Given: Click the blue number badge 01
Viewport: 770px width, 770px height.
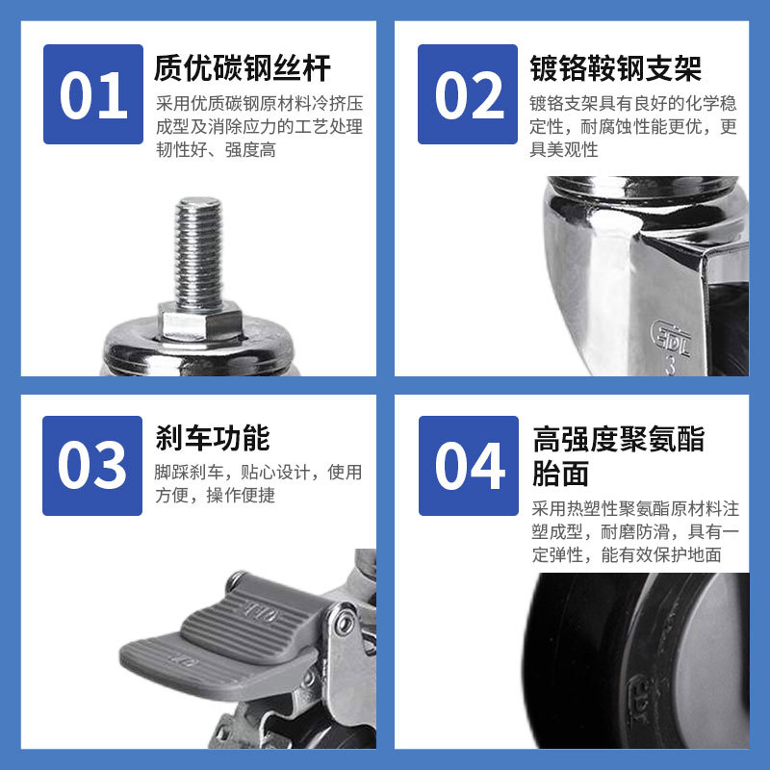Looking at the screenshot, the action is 93,94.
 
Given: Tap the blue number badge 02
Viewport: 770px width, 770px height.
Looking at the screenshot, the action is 468,94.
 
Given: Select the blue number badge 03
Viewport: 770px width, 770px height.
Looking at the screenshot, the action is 92,466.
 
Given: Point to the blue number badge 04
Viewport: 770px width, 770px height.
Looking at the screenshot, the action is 469,466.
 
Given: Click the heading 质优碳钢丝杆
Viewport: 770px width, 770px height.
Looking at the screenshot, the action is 243,67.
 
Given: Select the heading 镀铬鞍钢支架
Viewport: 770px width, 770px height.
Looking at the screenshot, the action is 615,67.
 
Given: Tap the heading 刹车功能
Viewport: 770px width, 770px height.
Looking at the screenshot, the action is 213,438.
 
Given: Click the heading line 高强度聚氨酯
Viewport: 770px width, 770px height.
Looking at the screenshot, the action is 619,439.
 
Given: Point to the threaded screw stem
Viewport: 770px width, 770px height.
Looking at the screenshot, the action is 199,253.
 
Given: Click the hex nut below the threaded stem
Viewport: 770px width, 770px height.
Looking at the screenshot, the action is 200,321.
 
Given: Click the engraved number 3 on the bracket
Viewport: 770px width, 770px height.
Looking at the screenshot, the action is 670,366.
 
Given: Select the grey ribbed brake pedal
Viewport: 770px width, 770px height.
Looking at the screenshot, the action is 221,638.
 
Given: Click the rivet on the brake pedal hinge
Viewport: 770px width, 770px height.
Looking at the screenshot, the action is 345,624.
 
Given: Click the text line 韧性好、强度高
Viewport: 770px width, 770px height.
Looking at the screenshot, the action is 216,150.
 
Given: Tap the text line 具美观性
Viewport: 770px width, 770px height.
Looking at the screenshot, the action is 564,150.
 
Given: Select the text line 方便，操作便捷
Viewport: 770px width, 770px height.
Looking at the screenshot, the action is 215,495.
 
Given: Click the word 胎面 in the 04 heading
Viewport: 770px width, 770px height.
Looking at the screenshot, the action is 561,474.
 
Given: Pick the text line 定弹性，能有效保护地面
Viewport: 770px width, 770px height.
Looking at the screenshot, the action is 627,555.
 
